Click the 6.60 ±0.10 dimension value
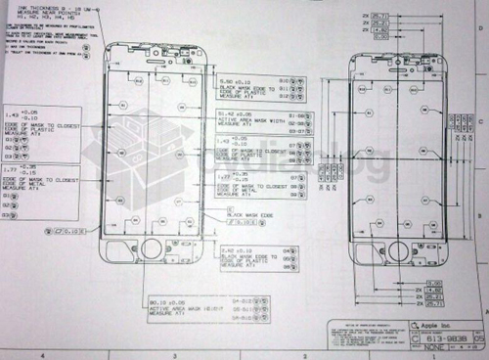click(231, 80)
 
